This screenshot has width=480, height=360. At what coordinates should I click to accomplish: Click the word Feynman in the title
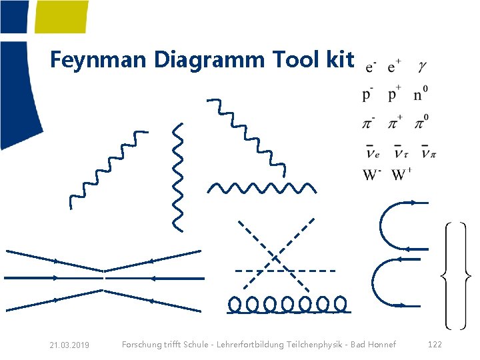click(98, 61)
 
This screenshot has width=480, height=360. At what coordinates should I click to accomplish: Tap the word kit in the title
click(340, 59)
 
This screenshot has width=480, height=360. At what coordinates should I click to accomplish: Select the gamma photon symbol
click(422, 66)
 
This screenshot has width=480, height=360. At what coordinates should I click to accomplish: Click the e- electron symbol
click(371, 67)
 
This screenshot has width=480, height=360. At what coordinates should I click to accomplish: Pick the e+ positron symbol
click(394, 66)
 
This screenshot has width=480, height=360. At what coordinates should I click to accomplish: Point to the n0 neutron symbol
click(421, 93)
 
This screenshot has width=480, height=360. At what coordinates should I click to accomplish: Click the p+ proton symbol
click(395, 94)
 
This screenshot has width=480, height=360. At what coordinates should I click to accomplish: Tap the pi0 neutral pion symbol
click(421, 122)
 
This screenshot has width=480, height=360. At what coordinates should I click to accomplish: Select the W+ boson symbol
click(402, 175)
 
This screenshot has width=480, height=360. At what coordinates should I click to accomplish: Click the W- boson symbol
click(372, 175)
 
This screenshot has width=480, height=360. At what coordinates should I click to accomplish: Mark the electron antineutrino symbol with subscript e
click(373, 151)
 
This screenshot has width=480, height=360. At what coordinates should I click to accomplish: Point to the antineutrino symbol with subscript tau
click(401, 151)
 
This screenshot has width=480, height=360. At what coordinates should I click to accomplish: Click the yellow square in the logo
click(61, 17)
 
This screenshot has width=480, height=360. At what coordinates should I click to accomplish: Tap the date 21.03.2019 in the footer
click(69, 345)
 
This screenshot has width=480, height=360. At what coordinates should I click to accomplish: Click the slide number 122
click(435, 345)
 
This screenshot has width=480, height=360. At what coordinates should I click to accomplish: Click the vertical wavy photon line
click(178, 177)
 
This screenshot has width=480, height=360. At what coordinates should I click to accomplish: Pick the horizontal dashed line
click(285, 271)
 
